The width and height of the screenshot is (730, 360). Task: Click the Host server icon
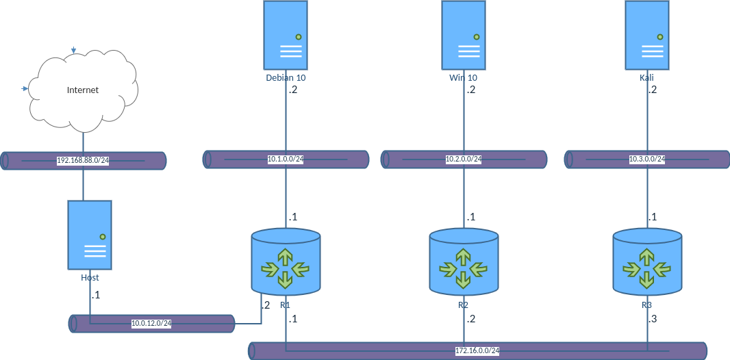(x=90, y=235)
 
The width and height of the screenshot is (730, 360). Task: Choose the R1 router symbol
(x=286, y=263)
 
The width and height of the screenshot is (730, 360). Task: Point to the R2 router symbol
(x=464, y=263)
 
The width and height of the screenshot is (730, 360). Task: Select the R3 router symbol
(x=647, y=263)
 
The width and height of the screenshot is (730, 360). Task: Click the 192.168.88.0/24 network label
(x=83, y=161)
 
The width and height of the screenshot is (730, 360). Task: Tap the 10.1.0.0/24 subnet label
(x=286, y=159)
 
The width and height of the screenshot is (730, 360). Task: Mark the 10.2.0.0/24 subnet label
(x=464, y=159)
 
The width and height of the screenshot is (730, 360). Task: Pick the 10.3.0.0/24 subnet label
(x=647, y=159)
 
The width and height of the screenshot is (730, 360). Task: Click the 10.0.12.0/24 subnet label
(x=151, y=324)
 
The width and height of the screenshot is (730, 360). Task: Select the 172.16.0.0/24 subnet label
(x=477, y=351)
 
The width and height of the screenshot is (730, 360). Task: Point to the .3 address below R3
(x=652, y=319)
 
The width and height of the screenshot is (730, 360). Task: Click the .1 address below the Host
(x=95, y=295)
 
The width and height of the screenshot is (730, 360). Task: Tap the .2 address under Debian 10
(x=292, y=90)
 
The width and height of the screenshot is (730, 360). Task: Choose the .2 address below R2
(x=470, y=319)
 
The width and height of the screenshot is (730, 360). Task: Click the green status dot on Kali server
(x=660, y=37)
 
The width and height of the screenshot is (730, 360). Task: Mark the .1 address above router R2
(x=470, y=217)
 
